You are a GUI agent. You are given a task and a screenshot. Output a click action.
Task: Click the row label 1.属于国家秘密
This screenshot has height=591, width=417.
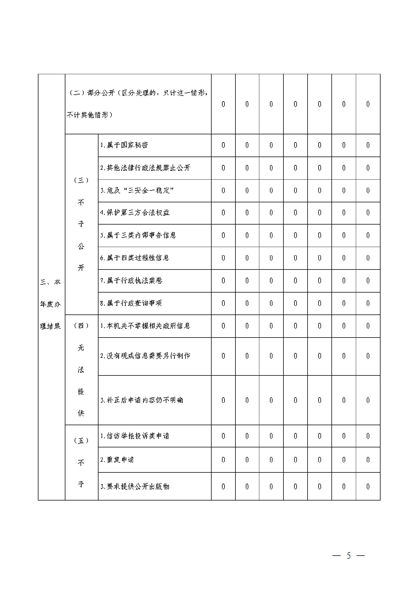pos(124,145)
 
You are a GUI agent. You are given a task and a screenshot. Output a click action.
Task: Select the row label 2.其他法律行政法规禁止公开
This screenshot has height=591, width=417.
pos(145,168)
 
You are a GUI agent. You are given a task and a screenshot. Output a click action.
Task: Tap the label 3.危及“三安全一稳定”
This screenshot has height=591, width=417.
pos(137,191)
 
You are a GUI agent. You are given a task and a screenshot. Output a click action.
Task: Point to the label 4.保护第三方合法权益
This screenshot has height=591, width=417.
pos(135,213)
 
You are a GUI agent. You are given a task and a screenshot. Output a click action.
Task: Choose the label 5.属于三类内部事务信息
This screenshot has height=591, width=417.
pos(138,236)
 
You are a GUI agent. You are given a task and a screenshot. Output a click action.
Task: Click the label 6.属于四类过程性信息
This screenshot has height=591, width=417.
pos(135,258)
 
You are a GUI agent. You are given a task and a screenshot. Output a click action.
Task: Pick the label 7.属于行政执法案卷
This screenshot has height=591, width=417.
pos(131,281)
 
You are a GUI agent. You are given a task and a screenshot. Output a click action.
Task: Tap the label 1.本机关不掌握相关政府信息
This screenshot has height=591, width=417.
pos(145,326)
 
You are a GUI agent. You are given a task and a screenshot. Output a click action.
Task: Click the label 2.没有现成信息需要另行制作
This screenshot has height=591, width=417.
pos(145,356)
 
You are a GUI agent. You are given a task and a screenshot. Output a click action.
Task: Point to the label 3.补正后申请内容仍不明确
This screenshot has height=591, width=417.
pos(142,400)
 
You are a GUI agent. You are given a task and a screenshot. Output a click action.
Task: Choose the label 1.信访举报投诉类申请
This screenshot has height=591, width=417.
pos(135,436)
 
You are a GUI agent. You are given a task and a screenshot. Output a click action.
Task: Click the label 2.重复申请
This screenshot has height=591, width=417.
pos(117,460)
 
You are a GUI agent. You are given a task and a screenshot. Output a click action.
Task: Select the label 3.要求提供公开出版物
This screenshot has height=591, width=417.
pos(135,487)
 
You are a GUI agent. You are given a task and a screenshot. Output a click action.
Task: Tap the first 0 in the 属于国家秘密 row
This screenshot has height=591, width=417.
pos(223,145)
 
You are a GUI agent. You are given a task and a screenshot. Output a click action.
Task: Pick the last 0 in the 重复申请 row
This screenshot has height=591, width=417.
pos(368,460)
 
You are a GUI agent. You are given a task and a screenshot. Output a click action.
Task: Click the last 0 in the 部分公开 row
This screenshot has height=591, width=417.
pos(368,104)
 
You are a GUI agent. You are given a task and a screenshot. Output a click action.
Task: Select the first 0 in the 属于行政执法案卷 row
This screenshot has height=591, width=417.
pos(223,281)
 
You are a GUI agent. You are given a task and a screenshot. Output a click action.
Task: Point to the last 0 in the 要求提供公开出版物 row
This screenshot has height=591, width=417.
pos(368,487)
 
